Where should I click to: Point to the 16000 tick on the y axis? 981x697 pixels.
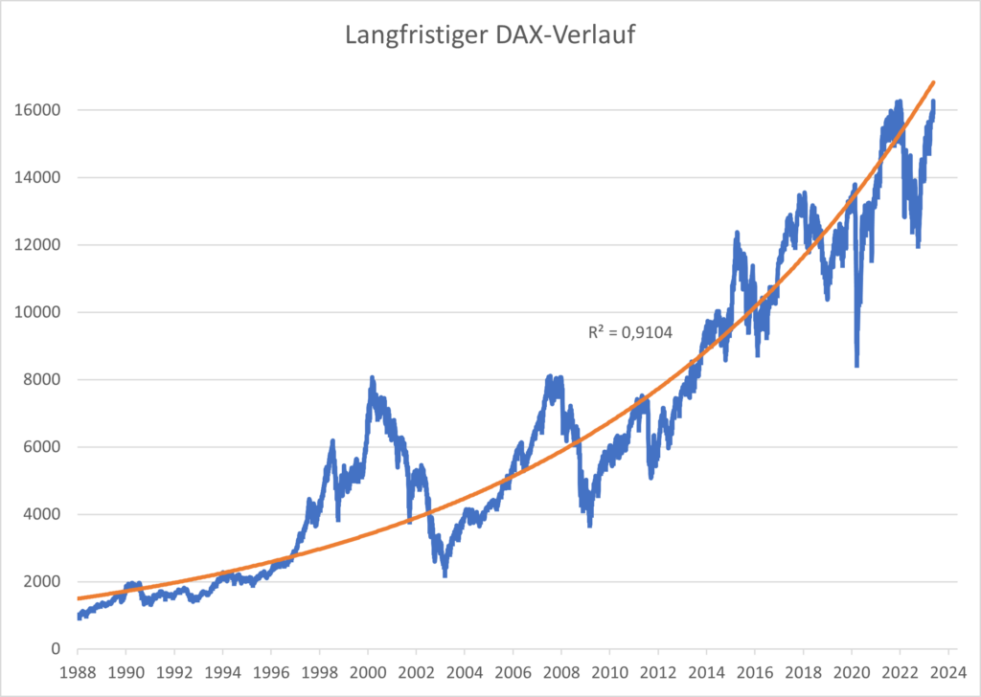tap(41, 110)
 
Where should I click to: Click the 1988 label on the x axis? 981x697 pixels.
tap(78, 672)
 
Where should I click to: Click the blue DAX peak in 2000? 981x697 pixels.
tap(372, 378)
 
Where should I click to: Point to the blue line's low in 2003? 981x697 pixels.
tap(445, 575)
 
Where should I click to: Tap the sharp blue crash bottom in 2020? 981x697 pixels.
tap(856, 366)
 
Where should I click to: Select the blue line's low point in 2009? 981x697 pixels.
tap(589, 526)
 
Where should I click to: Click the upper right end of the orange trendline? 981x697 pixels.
tap(934, 82)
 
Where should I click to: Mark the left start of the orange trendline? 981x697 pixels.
tap(79, 598)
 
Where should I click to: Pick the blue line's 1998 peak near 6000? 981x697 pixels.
tap(332, 440)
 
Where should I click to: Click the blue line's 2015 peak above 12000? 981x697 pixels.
tap(737, 232)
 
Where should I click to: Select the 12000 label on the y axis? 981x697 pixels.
tap(41, 245)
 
